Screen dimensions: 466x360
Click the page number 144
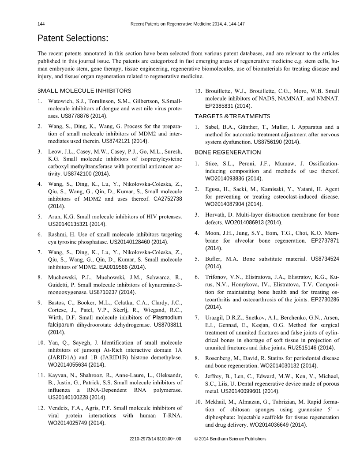click(x=41, y=24)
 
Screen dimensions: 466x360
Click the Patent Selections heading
click(x=73, y=38)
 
